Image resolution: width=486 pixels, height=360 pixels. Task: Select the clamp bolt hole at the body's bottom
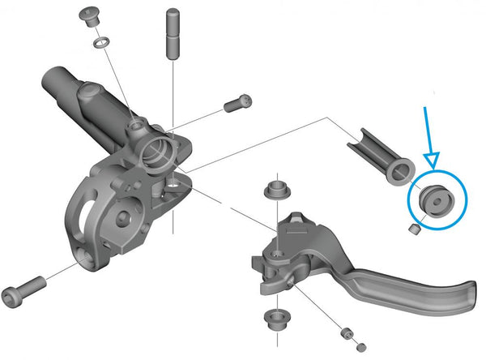tap(86, 259)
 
